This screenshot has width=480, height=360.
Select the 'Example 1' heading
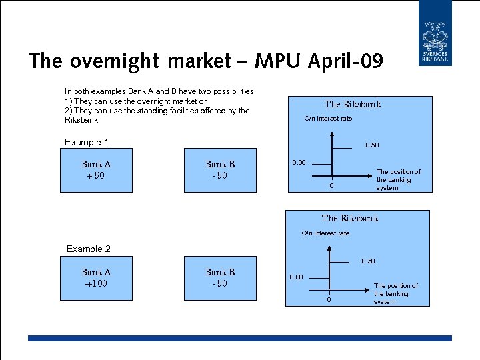tap(86, 142)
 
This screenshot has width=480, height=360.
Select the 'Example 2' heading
tap(88, 249)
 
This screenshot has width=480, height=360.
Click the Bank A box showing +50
tap(96, 171)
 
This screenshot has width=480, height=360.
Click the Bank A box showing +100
tap(96, 278)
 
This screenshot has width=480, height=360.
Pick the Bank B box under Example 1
tap(220, 171)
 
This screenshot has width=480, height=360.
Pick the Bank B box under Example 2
tap(220, 278)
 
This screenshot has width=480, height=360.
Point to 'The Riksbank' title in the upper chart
tap(352, 104)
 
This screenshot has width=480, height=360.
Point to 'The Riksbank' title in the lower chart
tap(349, 218)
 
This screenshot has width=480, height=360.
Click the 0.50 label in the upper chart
tap(372, 145)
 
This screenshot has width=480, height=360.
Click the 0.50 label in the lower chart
tap(368, 261)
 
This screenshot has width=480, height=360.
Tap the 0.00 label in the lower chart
tap(295, 277)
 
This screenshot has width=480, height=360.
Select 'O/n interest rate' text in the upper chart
tap(328, 119)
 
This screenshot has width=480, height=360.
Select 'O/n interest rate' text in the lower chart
tap(325, 233)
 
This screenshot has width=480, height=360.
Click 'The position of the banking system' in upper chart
tap(398, 180)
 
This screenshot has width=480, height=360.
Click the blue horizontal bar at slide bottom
tap(240, 339)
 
